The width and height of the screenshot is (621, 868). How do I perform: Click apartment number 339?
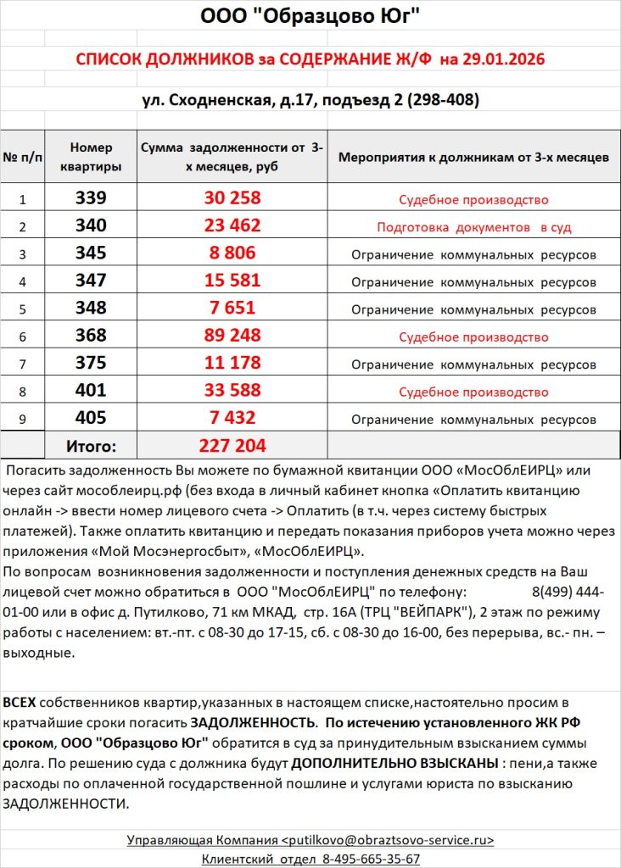91,198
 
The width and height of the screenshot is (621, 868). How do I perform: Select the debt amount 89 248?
232,336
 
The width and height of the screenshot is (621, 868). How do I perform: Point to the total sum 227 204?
232,445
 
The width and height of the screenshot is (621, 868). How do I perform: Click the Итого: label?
91,446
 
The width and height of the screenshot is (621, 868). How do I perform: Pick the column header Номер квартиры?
91,157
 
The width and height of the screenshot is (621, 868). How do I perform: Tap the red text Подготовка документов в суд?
473,227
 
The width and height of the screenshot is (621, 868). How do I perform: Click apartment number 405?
91,418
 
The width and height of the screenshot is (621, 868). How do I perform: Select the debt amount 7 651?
232,308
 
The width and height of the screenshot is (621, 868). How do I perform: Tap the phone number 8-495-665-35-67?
371,859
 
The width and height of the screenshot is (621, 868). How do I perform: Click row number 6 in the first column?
22,337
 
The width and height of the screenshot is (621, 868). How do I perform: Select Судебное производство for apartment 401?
473,392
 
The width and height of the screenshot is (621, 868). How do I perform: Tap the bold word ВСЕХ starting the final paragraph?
20,703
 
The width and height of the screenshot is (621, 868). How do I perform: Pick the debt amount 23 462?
232,225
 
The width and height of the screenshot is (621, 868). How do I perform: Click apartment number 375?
91,363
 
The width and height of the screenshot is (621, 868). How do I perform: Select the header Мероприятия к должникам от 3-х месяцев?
473,158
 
